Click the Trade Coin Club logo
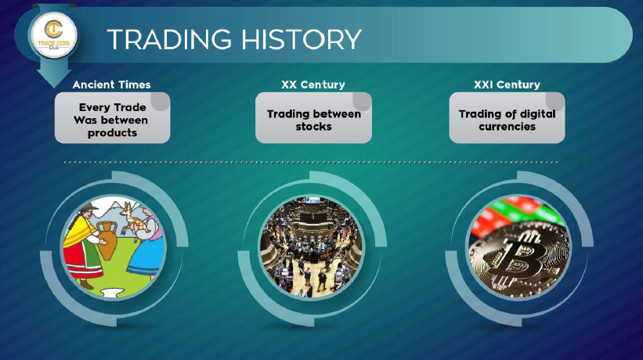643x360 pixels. (54, 34)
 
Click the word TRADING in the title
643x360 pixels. (170, 39)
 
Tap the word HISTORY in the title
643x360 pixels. (302, 39)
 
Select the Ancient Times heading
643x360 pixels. (111, 85)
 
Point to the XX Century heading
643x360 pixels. (313, 85)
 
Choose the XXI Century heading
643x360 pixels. (507, 85)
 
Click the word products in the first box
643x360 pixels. (112, 133)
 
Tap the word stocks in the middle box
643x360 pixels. (314, 127)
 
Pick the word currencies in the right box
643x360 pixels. (507, 127)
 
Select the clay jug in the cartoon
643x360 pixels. (107, 240)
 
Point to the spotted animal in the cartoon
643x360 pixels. (132, 219)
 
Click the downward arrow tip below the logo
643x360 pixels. (54, 86)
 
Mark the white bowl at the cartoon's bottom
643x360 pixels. (112, 292)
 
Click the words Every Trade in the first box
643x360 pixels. (112, 107)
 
